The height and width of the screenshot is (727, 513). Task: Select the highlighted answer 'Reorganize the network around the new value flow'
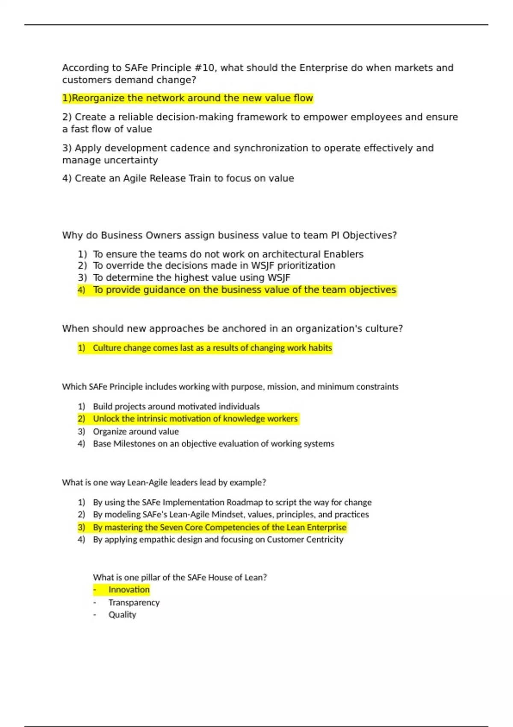[188, 98]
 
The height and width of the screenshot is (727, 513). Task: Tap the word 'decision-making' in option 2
[196, 117]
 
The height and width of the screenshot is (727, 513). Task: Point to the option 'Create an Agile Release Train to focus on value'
[178, 178]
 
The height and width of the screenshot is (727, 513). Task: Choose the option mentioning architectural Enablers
[228, 254]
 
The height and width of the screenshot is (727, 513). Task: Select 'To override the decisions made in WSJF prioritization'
[214, 266]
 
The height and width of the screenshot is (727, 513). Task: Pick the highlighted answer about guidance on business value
[244, 290]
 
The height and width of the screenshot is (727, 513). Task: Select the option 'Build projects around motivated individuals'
[176, 406]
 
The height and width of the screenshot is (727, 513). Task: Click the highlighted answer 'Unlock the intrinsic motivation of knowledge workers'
[195, 419]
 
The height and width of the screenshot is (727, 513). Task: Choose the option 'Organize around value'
[136, 431]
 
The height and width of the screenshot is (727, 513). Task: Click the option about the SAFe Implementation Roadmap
[232, 502]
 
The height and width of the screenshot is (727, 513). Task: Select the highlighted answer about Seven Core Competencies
[219, 527]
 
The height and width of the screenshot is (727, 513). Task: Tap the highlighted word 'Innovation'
[129, 590]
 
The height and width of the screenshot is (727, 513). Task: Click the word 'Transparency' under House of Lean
[134, 603]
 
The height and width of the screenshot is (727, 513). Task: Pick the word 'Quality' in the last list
[122, 615]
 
